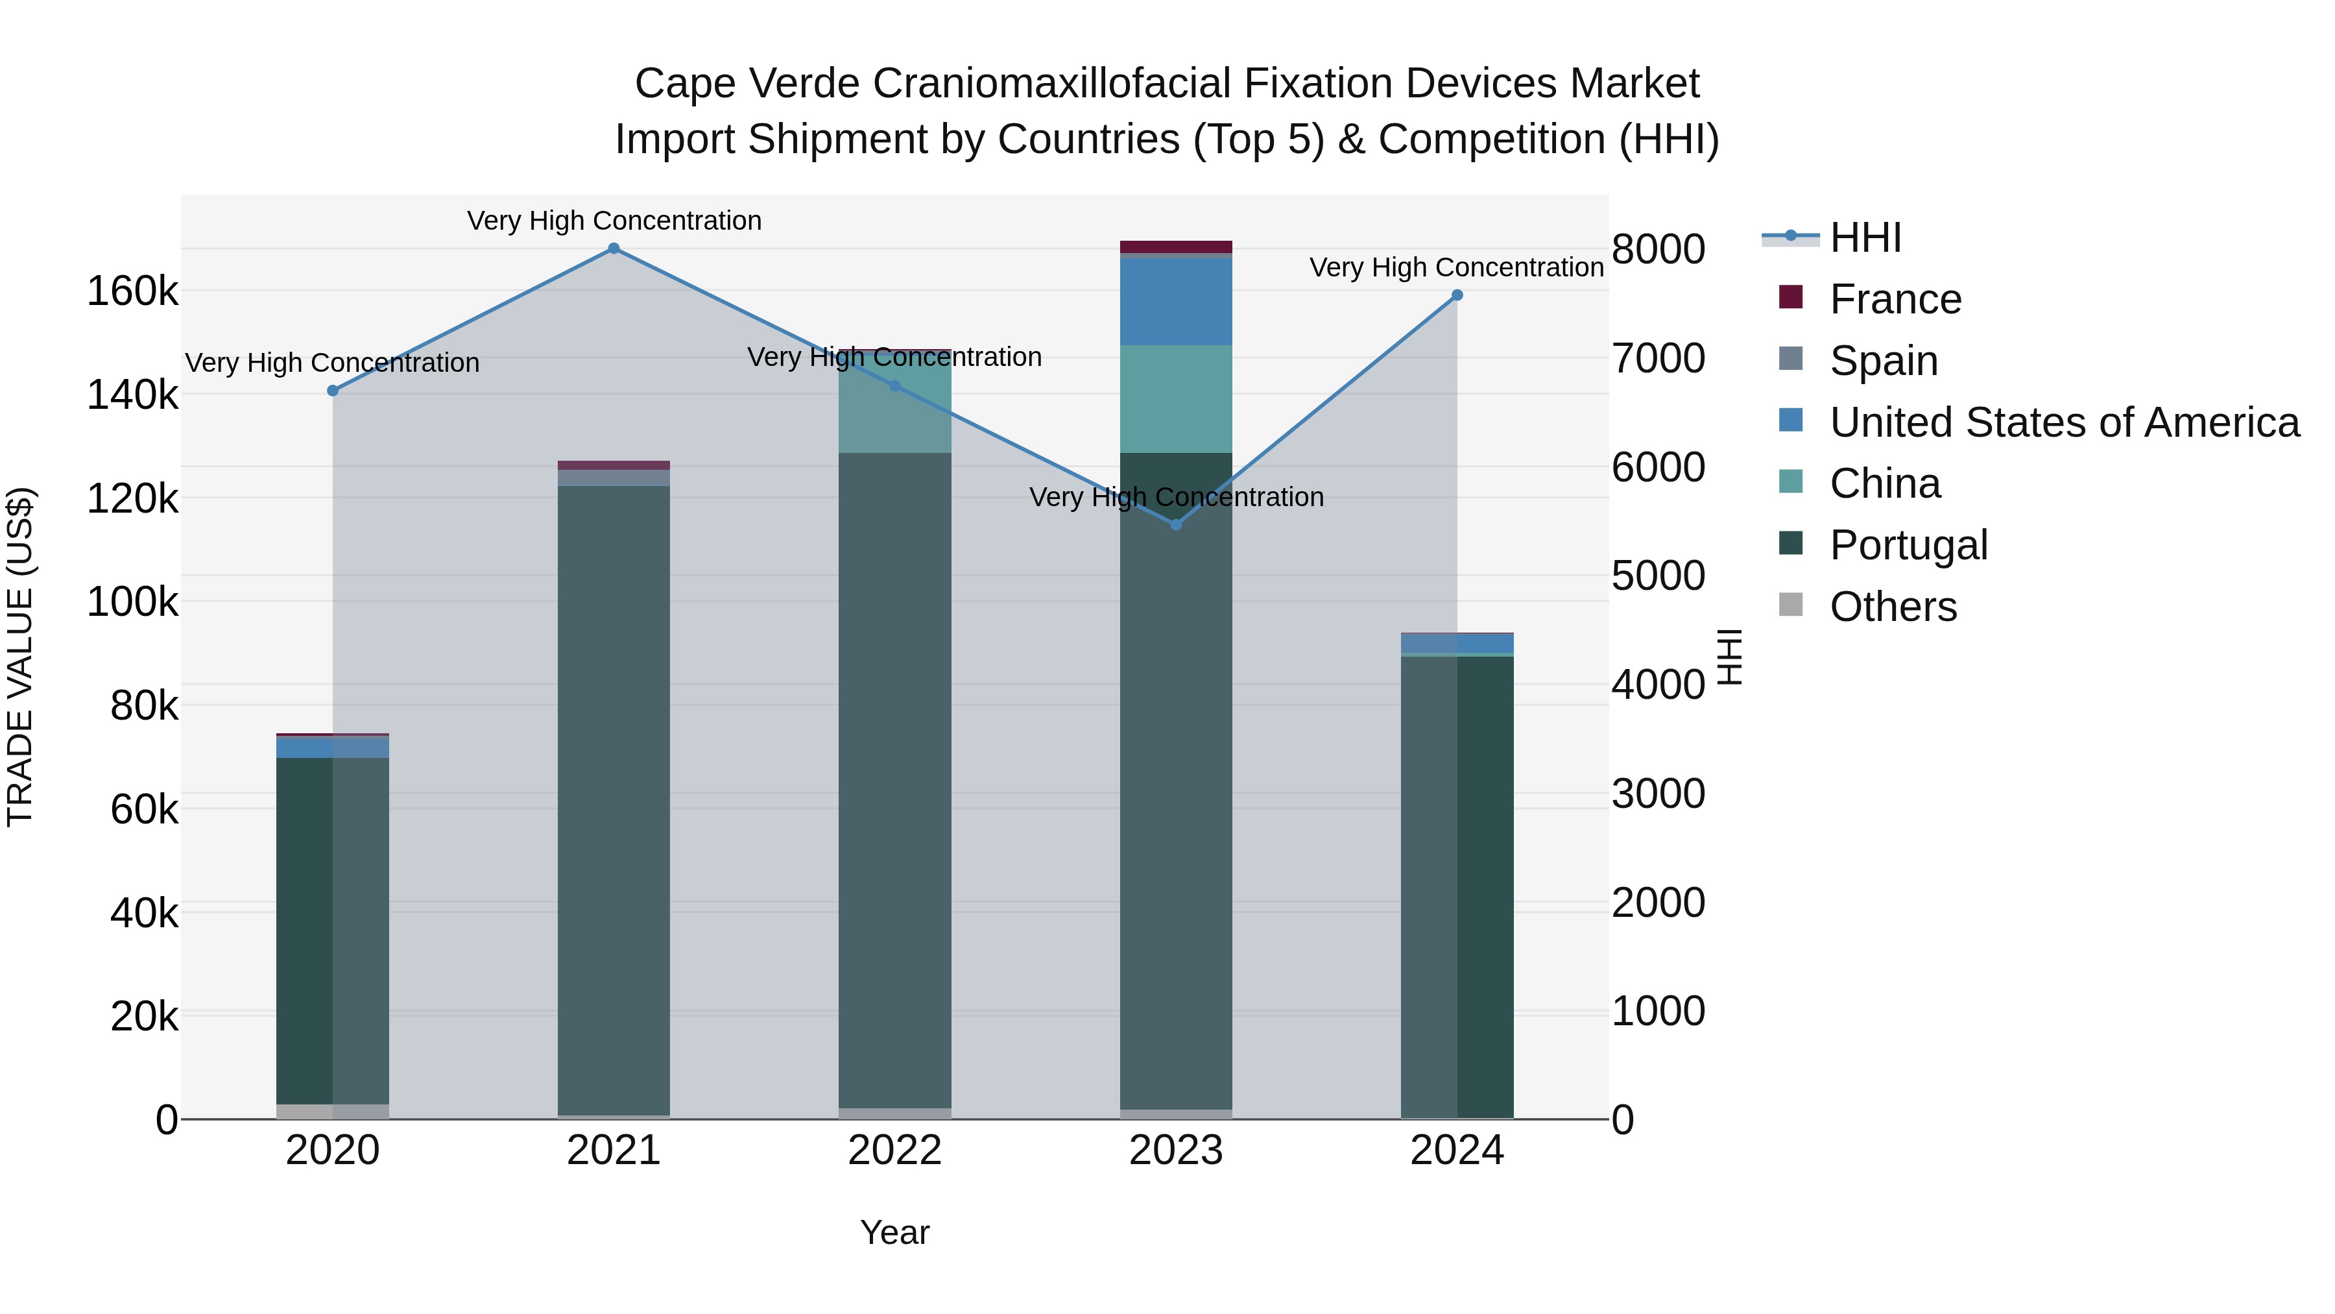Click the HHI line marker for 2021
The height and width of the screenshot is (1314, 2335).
[x=614, y=249]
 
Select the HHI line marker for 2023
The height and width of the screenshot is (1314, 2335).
[x=1176, y=525]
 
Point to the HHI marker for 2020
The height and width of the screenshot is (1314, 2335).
[x=333, y=391]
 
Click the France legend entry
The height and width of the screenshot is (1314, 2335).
[x=1895, y=299]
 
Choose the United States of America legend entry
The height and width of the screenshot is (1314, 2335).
[x=2063, y=422]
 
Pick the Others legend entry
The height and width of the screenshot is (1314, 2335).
[x=1893, y=607]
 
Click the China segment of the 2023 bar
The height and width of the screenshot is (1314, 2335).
[x=1176, y=399]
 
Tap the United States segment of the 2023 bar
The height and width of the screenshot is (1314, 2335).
[x=1176, y=301]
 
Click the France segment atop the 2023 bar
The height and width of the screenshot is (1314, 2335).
[x=1176, y=247]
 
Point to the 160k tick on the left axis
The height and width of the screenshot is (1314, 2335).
[x=132, y=292]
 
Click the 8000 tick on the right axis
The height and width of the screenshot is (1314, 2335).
[x=1658, y=249]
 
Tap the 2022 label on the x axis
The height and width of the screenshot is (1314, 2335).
[x=894, y=1150]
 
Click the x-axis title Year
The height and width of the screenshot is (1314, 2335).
[x=894, y=1232]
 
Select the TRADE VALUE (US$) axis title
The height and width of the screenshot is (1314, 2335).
[x=20, y=657]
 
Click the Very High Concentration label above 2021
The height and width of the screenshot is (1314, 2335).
[x=614, y=221]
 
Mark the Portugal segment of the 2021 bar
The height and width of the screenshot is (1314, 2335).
[x=614, y=798]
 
